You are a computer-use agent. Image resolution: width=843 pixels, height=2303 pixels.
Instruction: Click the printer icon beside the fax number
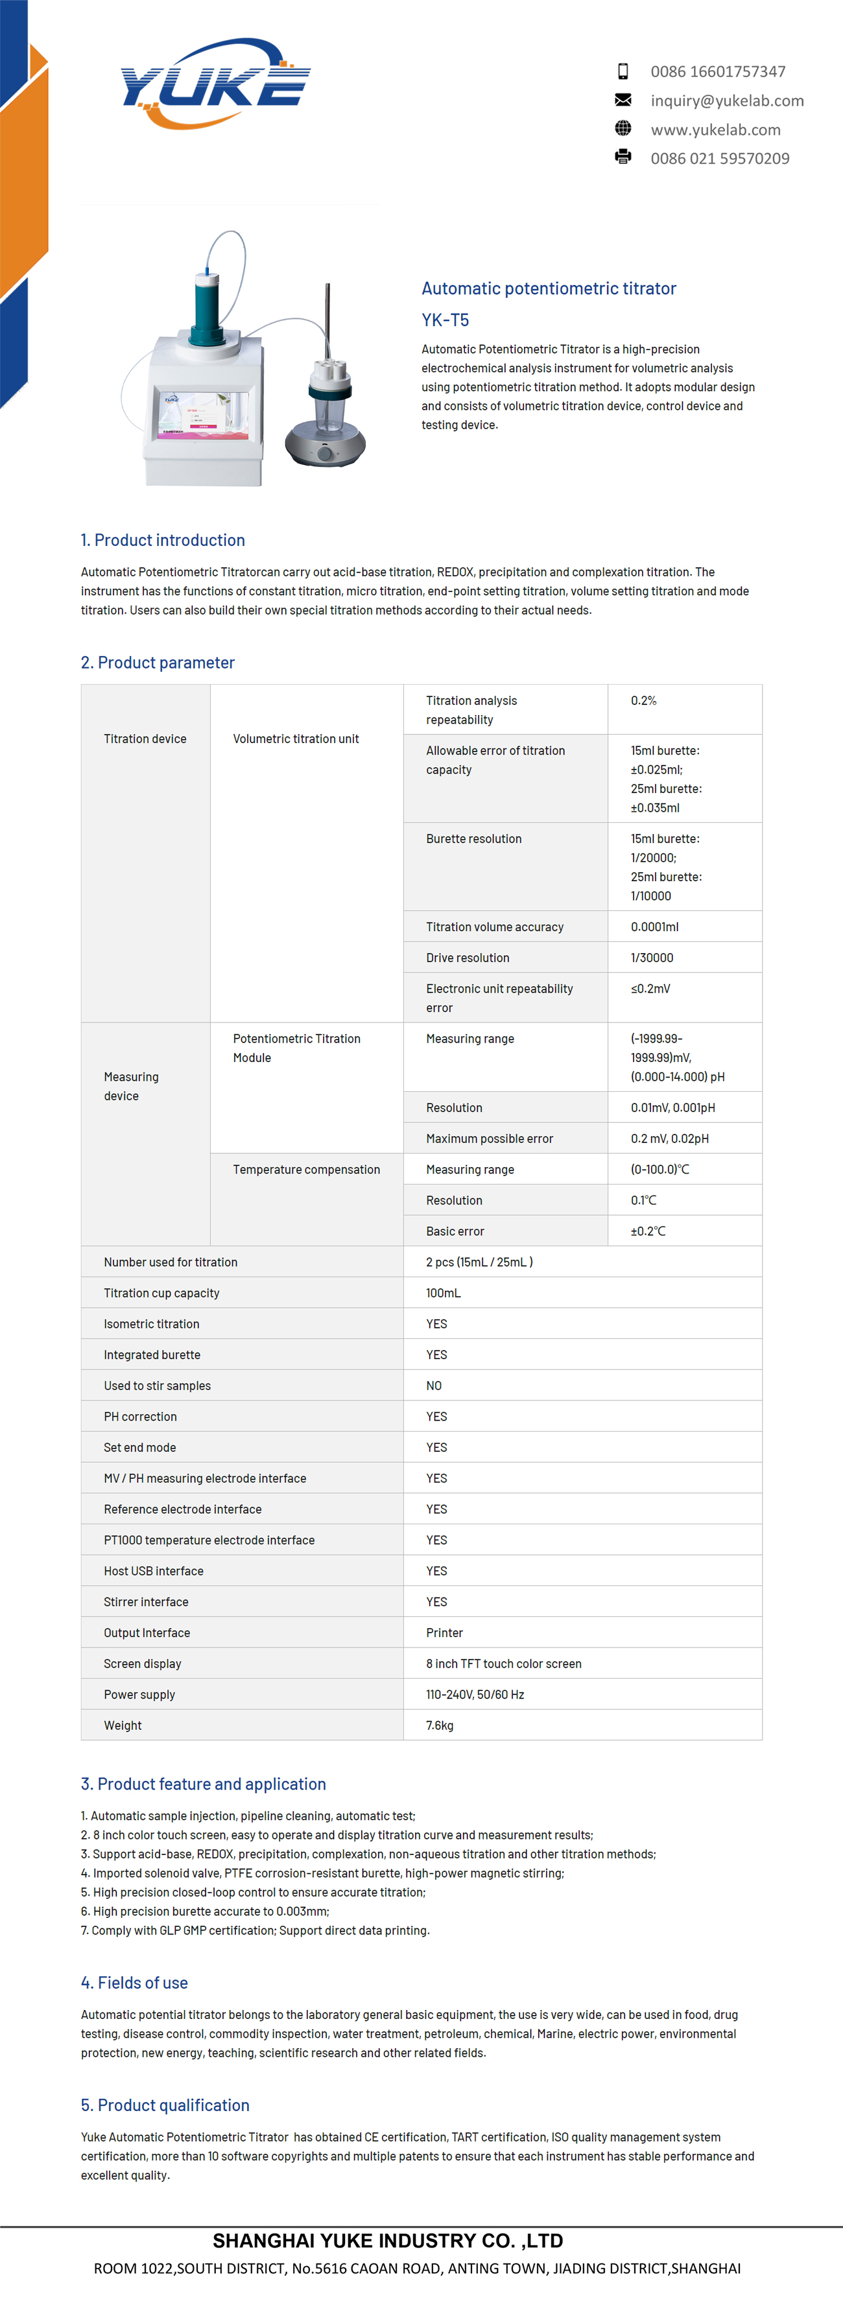click(623, 158)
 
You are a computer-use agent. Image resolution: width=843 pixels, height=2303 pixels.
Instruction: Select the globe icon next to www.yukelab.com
click(623, 129)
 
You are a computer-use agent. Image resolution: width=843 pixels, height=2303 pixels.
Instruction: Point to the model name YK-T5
click(445, 320)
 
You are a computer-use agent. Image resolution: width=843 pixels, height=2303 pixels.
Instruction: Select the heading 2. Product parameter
click(158, 663)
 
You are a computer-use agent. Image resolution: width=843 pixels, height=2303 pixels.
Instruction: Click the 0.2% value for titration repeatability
click(644, 701)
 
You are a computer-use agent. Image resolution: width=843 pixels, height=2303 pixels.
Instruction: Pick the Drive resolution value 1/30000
click(652, 958)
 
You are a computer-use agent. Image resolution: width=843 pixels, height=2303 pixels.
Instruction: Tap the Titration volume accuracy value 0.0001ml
click(654, 927)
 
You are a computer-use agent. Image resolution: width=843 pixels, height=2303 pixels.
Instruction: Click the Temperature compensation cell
click(305, 1170)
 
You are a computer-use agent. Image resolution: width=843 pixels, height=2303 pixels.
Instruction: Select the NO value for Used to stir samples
click(434, 1386)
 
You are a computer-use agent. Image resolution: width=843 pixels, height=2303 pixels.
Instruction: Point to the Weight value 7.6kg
click(440, 1725)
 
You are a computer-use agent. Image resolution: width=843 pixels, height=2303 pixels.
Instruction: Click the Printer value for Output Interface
click(444, 1633)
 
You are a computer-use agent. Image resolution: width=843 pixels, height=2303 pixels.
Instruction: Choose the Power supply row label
click(139, 1694)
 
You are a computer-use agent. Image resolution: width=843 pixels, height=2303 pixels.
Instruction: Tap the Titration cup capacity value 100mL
click(444, 1293)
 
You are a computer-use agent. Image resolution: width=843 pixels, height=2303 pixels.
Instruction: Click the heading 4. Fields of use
click(134, 1983)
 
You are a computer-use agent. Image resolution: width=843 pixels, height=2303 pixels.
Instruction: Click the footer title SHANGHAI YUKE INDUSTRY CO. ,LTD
click(388, 2240)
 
